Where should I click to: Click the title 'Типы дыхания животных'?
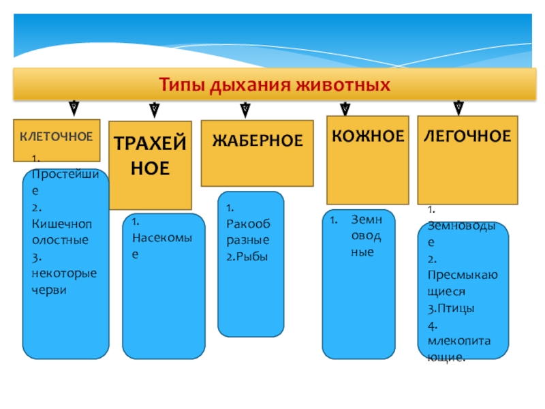(275, 86)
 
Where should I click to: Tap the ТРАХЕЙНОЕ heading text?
(150, 156)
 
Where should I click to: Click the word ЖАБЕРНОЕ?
(257, 141)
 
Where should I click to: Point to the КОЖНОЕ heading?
(368, 136)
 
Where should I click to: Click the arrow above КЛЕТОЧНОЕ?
(74, 107)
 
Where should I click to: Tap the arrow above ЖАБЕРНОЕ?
(245, 108)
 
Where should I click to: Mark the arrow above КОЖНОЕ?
(345, 108)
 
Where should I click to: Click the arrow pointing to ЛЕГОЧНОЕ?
(458, 107)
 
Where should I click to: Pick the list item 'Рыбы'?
(247, 256)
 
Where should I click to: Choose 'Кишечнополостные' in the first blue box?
(60, 232)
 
